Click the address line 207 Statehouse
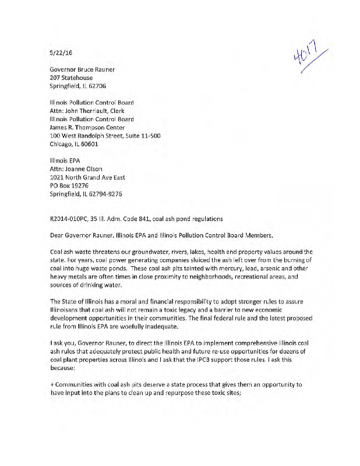[71, 77]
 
